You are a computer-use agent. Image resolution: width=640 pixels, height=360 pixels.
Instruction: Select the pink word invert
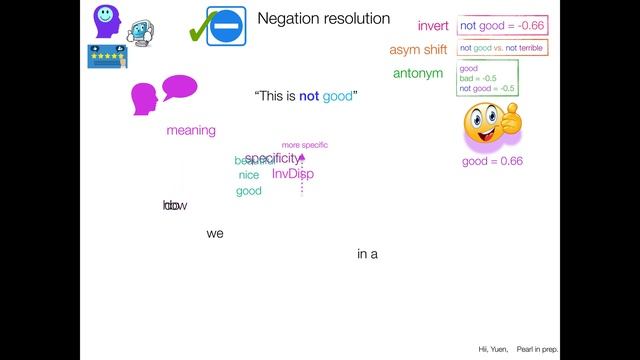(x=433, y=26)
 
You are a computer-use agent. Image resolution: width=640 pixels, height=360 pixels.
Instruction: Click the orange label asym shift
(x=419, y=49)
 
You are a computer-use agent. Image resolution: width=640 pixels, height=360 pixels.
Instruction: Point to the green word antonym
(x=418, y=73)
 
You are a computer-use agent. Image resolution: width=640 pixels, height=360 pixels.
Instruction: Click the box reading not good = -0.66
(x=501, y=26)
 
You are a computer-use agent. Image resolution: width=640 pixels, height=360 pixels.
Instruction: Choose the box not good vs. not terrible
(x=501, y=48)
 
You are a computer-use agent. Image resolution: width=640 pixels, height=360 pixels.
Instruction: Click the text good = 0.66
(x=492, y=161)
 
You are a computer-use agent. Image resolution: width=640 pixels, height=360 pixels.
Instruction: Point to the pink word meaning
(x=191, y=130)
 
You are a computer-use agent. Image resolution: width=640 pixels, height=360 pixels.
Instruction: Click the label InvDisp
(x=292, y=174)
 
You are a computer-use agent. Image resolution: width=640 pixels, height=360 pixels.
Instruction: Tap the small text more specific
(x=304, y=145)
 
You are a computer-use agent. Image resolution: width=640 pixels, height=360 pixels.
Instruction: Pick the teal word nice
(x=249, y=175)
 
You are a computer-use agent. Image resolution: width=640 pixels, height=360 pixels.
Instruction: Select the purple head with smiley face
(x=105, y=20)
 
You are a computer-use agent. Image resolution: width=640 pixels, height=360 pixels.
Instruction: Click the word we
(x=215, y=234)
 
